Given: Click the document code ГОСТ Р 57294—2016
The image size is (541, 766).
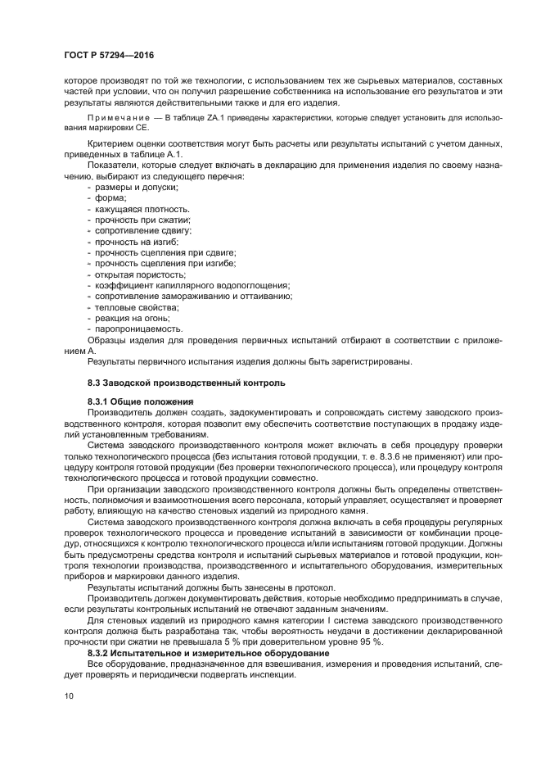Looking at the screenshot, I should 109,56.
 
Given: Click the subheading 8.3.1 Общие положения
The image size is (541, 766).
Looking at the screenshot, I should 140,402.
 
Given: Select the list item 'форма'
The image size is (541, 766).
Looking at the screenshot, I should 111,199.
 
